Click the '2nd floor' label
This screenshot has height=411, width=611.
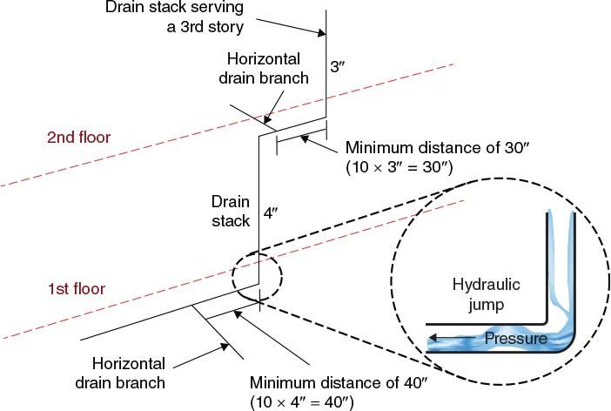coord(79,137)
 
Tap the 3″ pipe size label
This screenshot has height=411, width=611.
coord(338,65)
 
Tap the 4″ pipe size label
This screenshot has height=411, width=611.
coord(272,211)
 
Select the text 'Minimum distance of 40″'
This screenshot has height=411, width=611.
coord(323,382)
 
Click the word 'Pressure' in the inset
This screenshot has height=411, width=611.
coord(514,338)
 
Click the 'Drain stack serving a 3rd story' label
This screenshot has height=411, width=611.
coord(174,17)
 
